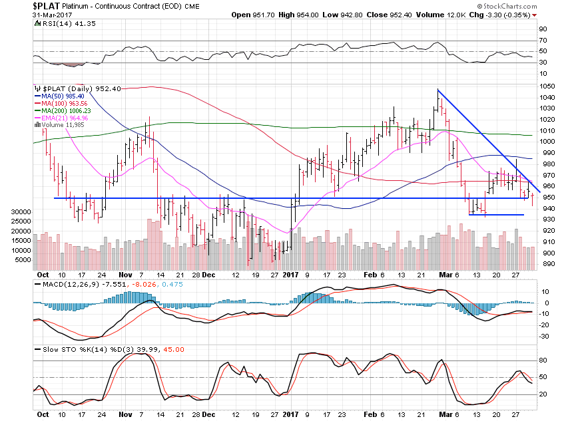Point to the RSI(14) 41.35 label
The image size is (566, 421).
[58, 23]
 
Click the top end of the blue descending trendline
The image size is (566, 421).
[437, 89]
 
